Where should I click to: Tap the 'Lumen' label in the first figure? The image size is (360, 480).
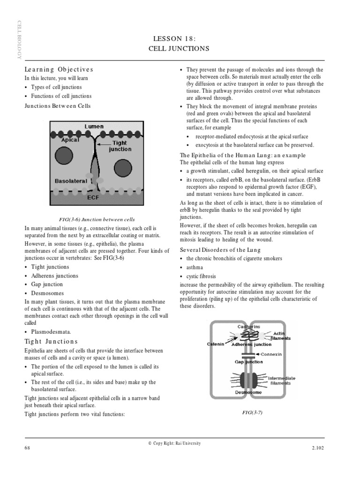[x=94, y=127]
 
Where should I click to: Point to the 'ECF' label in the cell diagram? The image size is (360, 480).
[x=93, y=197]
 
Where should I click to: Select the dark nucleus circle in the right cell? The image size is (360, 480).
[x=123, y=168]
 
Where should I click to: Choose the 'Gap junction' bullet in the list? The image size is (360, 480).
[x=46, y=285]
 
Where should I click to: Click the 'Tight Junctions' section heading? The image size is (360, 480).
[x=51, y=342]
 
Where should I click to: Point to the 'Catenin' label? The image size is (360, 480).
[x=216, y=344]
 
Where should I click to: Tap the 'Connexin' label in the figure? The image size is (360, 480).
[x=271, y=354]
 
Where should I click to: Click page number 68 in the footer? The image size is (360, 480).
[x=27, y=448]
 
